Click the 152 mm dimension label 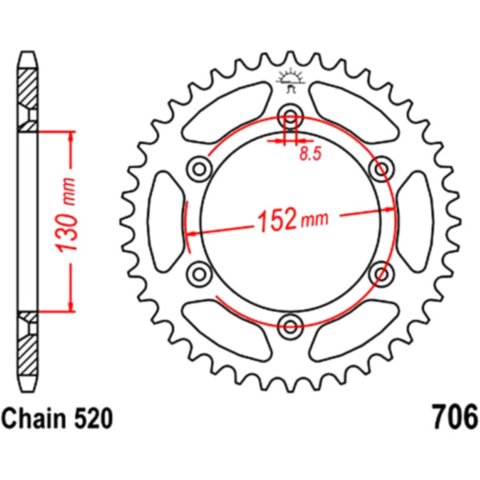293,219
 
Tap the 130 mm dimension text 66,214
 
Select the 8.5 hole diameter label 310,154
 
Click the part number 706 454,418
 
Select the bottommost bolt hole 290,326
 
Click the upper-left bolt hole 199,168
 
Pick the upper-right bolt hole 381,168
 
